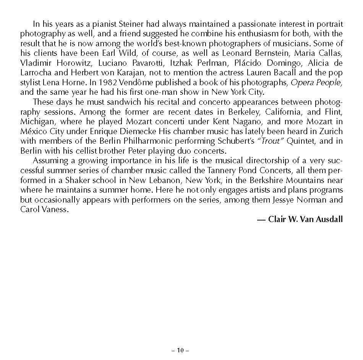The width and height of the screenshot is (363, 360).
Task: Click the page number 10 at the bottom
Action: pyautogui.click(x=180, y=350)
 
